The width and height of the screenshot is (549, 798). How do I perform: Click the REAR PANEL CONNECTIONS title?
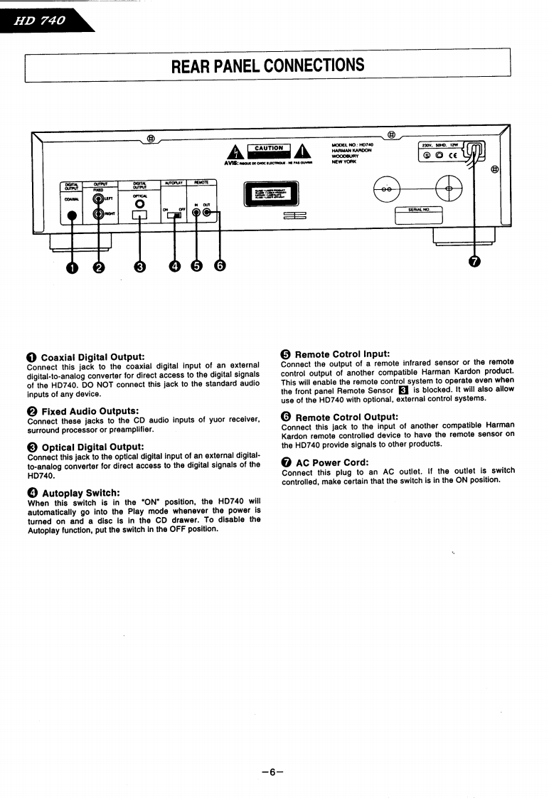click(267, 65)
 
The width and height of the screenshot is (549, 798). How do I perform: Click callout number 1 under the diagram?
click(71, 266)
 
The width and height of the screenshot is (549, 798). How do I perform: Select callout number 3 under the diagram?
click(140, 266)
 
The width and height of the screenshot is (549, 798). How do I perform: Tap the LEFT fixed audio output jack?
click(97, 199)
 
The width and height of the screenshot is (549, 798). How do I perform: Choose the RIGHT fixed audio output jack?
click(97, 213)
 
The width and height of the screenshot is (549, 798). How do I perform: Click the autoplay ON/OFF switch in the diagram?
click(174, 216)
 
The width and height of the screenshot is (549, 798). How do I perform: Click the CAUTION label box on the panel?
click(269, 149)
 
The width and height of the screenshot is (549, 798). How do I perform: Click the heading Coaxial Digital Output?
click(92, 356)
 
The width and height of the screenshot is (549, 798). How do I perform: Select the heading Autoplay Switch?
click(80, 493)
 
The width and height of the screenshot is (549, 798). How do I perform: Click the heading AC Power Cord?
click(332, 462)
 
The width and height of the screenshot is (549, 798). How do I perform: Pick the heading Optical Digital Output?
click(92, 447)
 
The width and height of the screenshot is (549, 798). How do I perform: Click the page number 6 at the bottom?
click(272, 772)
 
